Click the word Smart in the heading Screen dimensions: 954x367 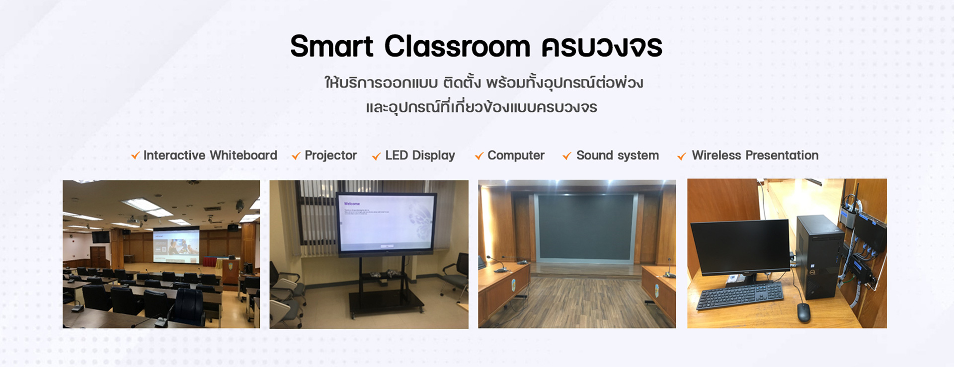coord(331,46)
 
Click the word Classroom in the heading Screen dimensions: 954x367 coord(457,46)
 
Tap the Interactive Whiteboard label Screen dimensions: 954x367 coord(210,155)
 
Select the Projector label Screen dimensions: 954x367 coord(330,156)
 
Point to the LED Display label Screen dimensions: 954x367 coord(420,156)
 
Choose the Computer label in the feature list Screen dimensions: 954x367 coord(516,156)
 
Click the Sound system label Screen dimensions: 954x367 coord(618,156)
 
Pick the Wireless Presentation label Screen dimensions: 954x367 coord(755,155)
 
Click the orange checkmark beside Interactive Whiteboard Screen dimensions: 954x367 coord(135,156)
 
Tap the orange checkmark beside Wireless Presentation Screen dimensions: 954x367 coord(682,156)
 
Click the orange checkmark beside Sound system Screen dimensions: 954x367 coord(567,156)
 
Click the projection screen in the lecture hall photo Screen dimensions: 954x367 coord(176,245)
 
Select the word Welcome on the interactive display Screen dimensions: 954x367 coord(352,204)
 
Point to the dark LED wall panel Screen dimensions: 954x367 coord(586,227)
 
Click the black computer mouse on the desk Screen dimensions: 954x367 coord(803,312)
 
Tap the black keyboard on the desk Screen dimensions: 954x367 coord(740,296)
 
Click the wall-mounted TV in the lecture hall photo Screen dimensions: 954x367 coord(100,237)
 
